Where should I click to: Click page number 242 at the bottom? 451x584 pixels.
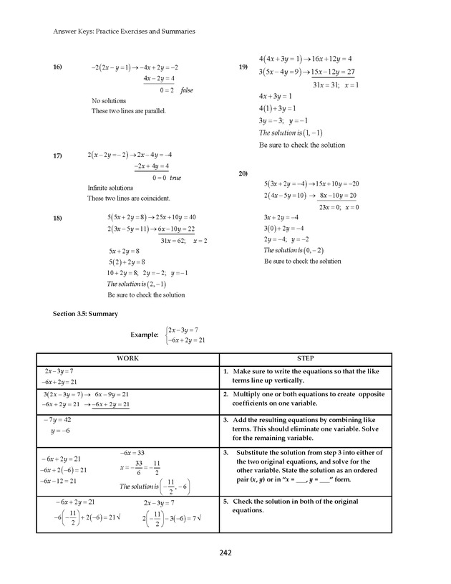pyautogui.click(x=225, y=552)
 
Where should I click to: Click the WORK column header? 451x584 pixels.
pyautogui.click(x=127, y=359)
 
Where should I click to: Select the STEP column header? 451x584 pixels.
pyautogui.click(x=305, y=359)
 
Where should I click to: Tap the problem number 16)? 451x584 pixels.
pyautogui.click(x=58, y=67)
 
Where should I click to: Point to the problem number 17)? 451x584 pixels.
pyautogui.click(x=58, y=155)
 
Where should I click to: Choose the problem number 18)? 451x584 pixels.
pyautogui.click(x=58, y=217)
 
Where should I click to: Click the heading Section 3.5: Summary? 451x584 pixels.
pyautogui.click(x=86, y=314)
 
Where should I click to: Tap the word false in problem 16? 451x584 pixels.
pyautogui.click(x=187, y=90)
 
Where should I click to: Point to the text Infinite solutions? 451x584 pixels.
pyautogui.click(x=105, y=188)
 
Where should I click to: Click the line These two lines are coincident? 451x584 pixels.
pyautogui.click(x=128, y=198)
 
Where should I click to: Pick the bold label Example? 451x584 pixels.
pyautogui.click(x=144, y=335)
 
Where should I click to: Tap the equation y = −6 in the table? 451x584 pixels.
pyautogui.click(x=59, y=431)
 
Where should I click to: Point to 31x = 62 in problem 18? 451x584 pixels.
pyautogui.click(x=173, y=241)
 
